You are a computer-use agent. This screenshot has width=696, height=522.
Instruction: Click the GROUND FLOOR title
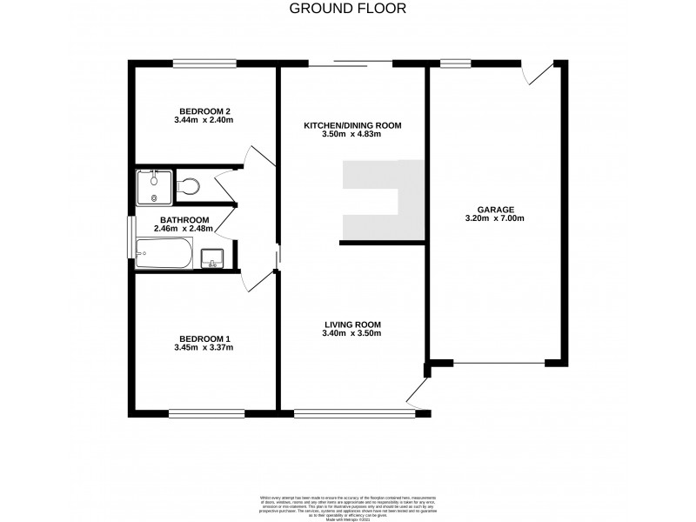(346, 9)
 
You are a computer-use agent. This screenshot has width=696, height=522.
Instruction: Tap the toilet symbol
(187, 185)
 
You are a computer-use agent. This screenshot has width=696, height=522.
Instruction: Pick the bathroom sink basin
(212, 258)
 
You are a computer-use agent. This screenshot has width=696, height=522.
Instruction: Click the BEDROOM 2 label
(204, 110)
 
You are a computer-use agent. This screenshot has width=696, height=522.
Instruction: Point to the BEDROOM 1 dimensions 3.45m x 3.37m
(204, 348)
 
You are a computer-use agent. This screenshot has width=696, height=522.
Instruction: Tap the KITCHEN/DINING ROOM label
(352, 126)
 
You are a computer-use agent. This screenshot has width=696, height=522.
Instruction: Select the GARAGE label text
(495, 209)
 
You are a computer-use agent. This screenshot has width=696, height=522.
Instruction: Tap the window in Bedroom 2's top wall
(204, 63)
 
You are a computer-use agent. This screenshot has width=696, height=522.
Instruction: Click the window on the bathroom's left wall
(131, 238)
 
